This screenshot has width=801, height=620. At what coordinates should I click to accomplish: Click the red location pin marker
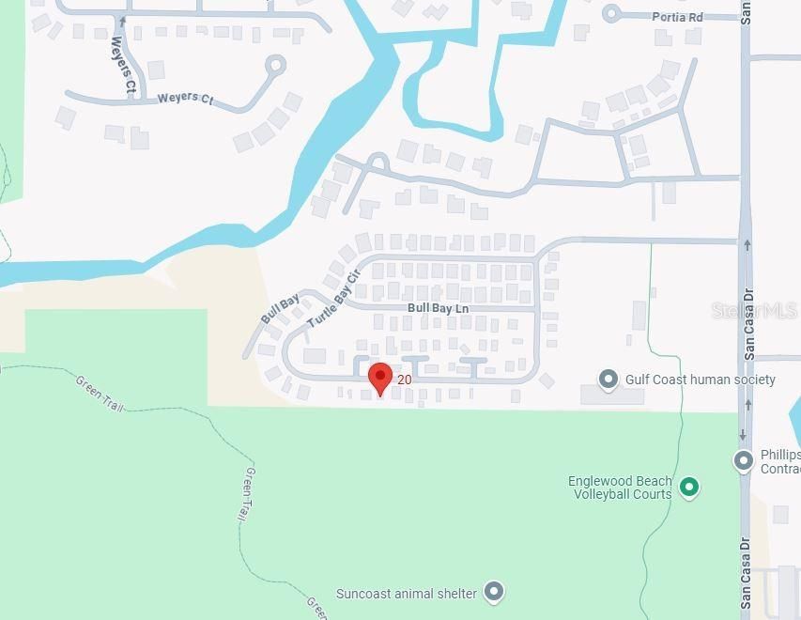pyautogui.click(x=379, y=378)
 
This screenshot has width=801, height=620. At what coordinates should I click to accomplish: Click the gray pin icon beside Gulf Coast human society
pyautogui.click(x=608, y=380)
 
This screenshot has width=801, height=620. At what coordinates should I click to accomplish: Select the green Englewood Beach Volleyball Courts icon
pyautogui.click(x=689, y=487)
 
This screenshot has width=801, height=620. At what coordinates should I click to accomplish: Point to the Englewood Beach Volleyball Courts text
pyautogui.click(x=620, y=488)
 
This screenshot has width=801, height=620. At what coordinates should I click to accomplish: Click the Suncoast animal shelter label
pyautogui.click(x=407, y=594)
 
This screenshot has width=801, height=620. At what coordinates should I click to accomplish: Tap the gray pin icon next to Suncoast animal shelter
pyautogui.click(x=494, y=592)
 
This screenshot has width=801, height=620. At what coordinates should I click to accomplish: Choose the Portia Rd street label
pyautogui.click(x=678, y=17)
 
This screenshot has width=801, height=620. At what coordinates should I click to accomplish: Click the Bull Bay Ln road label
pyautogui.click(x=438, y=308)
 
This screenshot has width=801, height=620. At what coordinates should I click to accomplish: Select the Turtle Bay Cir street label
pyautogui.click(x=333, y=298)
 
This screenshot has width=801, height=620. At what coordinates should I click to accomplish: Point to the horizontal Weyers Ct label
pyautogui.click(x=185, y=98)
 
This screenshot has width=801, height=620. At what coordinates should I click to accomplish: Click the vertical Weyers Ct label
pyautogui.click(x=123, y=66)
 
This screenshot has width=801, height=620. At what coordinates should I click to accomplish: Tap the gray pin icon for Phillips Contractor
pyautogui.click(x=744, y=460)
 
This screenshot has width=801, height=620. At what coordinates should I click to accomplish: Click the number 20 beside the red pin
pyautogui.click(x=405, y=380)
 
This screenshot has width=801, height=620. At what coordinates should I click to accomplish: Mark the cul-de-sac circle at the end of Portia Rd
pyautogui.click(x=612, y=13)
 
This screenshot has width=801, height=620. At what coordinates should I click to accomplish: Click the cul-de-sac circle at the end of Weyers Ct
pyautogui.click(x=275, y=66)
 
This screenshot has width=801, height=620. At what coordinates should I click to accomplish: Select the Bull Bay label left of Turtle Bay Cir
pyautogui.click(x=280, y=309)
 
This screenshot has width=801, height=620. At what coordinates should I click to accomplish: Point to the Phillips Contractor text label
pyautogui.click(x=780, y=461)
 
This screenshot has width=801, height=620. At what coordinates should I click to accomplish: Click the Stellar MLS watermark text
pyautogui.click(x=755, y=310)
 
